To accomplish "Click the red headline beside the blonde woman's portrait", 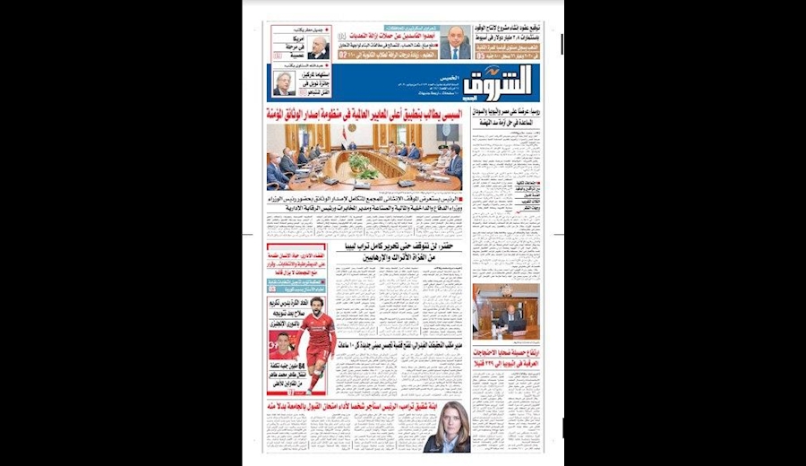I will [345, 406].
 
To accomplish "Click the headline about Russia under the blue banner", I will [507, 114].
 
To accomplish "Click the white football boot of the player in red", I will [311, 389].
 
